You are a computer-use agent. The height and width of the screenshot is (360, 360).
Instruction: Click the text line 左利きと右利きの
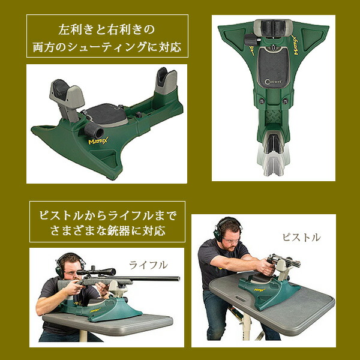pyautogui.click(x=107, y=28)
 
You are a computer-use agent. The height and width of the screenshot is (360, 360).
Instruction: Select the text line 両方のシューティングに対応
pyautogui.click(x=107, y=46)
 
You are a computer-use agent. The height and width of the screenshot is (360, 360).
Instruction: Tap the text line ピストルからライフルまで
pyautogui.click(x=107, y=214)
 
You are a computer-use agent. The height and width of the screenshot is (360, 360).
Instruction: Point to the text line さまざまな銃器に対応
pyautogui.click(x=107, y=230)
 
